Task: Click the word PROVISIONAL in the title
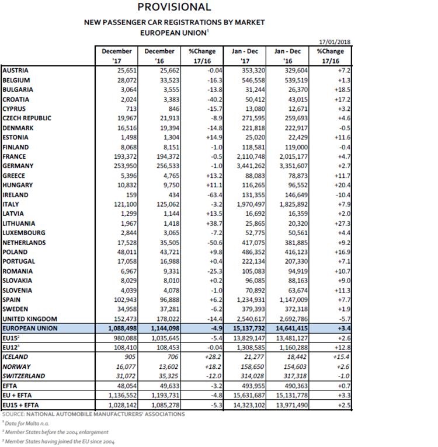(174, 8)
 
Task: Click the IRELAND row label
(18, 194)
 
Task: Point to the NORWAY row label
(18, 366)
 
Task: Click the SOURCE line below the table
(93, 414)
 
